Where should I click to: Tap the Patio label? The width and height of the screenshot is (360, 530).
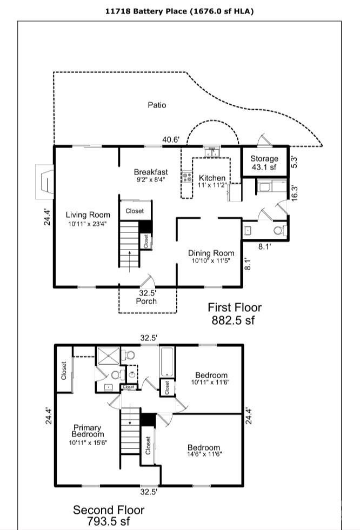tap(157, 105)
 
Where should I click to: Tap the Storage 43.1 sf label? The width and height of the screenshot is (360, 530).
tap(264, 163)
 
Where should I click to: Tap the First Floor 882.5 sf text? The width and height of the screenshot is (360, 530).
tap(235, 313)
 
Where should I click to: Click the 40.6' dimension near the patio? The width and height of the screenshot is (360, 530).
tap(171, 139)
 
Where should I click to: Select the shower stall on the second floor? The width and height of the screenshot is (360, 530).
tap(106, 356)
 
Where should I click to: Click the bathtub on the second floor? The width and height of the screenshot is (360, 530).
tap(167, 362)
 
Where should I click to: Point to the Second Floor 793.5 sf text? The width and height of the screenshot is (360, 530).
tap(109, 515)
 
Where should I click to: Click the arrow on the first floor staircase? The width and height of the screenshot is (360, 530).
tap(130, 256)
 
